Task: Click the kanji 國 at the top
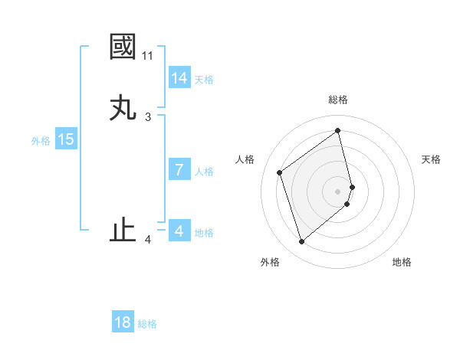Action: click(x=123, y=47)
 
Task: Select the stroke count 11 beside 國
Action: click(x=147, y=56)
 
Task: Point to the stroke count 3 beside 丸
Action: click(x=148, y=117)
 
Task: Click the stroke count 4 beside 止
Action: click(x=148, y=241)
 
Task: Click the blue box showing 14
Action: click(x=179, y=78)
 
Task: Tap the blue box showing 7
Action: click(x=179, y=170)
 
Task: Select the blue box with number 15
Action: click(x=66, y=139)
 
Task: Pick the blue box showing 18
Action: click(x=122, y=322)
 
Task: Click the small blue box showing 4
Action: click(x=179, y=231)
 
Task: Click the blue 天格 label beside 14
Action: click(x=204, y=80)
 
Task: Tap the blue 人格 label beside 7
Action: click(x=204, y=172)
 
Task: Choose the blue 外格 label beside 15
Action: click(x=41, y=141)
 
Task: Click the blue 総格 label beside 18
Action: click(x=147, y=324)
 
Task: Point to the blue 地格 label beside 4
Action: click(x=204, y=233)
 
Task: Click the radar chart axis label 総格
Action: click(x=338, y=100)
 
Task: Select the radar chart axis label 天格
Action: click(x=431, y=159)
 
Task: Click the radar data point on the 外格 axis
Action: click(x=301, y=242)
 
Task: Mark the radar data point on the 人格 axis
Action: click(x=280, y=172)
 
